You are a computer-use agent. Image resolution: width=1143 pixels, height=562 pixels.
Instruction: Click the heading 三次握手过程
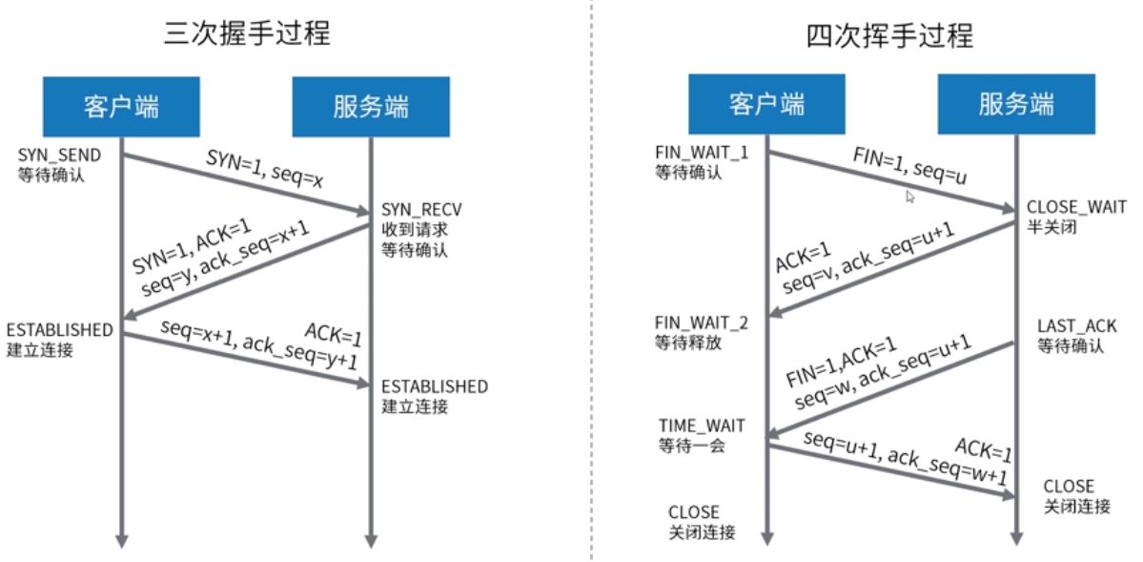[x=247, y=35]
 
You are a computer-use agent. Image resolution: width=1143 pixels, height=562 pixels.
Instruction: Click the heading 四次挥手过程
[x=890, y=36]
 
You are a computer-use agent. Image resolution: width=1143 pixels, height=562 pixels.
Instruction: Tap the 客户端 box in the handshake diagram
[x=121, y=106]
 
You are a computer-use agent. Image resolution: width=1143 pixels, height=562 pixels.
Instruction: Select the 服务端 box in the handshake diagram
[x=371, y=106]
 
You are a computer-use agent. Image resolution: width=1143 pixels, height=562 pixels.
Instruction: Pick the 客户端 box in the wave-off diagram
[x=766, y=104]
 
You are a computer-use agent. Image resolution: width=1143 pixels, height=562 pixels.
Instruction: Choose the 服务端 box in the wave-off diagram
[x=1016, y=104]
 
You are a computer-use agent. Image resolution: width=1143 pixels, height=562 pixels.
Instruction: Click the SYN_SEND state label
[x=59, y=155]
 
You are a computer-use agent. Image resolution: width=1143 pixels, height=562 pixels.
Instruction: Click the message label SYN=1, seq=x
[x=265, y=169]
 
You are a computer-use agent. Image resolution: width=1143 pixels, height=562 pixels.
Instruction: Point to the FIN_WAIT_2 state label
[x=702, y=323]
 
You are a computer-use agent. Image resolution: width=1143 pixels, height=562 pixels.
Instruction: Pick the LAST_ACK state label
[x=1076, y=326]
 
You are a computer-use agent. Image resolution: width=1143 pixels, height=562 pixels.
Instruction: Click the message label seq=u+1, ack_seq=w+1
[x=905, y=462]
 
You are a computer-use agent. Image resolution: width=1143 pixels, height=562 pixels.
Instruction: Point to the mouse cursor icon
[x=910, y=197]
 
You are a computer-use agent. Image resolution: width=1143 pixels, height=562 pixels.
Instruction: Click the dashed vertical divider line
[x=592, y=286]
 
